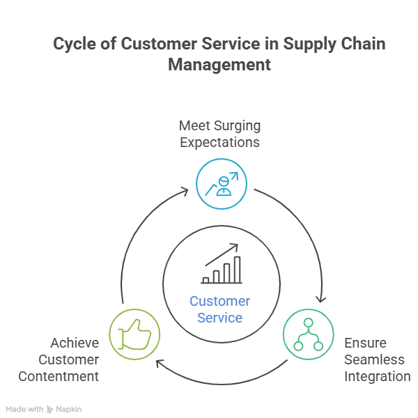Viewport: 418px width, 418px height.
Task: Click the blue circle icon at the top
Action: [x=222, y=184]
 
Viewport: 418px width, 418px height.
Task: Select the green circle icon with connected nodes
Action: [x=307, y=333]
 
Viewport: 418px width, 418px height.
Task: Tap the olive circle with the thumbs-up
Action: [x=135, y=334]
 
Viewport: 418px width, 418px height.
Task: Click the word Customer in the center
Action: [x=220, y=300]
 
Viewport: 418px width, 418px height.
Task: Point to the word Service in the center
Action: [x=220, y=317]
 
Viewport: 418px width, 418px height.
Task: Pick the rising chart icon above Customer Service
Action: [x=222, y=265]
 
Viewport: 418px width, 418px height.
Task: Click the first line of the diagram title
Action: [x=219, y=44]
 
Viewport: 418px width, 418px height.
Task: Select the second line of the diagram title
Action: [x=219, y=67]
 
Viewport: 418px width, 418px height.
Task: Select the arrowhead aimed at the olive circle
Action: [x=160, y=364]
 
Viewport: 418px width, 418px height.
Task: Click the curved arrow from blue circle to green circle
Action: [x=300, y=230]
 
